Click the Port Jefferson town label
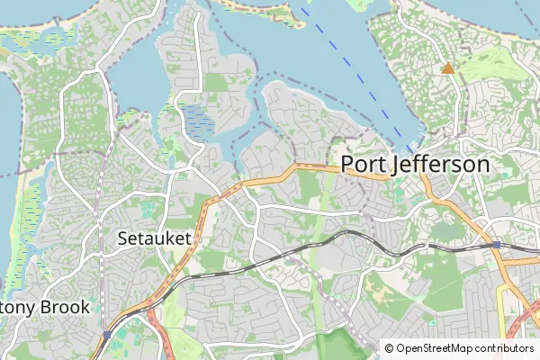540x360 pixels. click(x=415, y=165)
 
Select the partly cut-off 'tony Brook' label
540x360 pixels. click(x=45, y=307)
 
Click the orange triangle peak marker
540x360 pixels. click(x=447, y=67)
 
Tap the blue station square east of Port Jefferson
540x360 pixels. click(x=496, y=244)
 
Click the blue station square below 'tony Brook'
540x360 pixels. click(x=107, y=334)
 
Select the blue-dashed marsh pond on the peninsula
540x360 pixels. click(x=196, y=118)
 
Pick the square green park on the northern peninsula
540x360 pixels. click(x=216, y=83)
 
